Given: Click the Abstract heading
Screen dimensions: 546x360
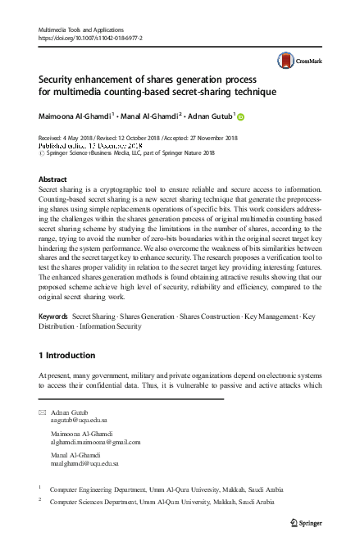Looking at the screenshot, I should click(53, 178).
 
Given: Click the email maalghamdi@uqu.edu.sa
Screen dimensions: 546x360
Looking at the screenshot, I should click(85, 464).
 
